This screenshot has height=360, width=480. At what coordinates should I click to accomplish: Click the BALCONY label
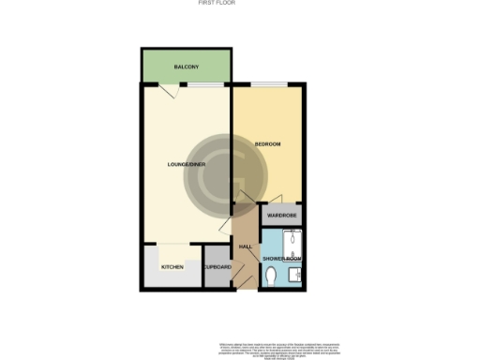tap(186, 67)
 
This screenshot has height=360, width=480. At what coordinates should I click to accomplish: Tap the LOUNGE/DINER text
tap(186, 165)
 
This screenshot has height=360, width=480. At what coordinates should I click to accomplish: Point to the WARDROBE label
tap(281, 217)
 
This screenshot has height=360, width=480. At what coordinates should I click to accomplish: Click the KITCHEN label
tap(173, 268)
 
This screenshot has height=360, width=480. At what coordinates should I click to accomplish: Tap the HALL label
tap(246, 247)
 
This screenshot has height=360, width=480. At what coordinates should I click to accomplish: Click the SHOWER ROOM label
tap(280, 258)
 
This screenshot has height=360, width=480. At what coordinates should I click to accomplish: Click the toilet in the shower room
tap(271, 275)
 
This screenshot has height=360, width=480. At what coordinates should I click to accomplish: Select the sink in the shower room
tap(294, 275)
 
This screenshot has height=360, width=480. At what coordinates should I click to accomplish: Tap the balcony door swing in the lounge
tap(166, 91)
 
